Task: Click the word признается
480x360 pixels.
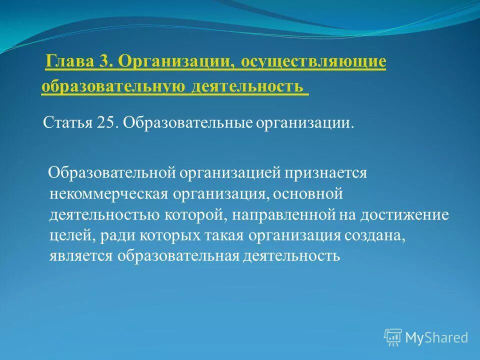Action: (x=326, y=173)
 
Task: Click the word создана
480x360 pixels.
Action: (x=374, y=235)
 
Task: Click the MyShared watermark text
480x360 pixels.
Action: (x=436, y=337)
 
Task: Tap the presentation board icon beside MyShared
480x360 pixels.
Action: (x=393, y=337)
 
